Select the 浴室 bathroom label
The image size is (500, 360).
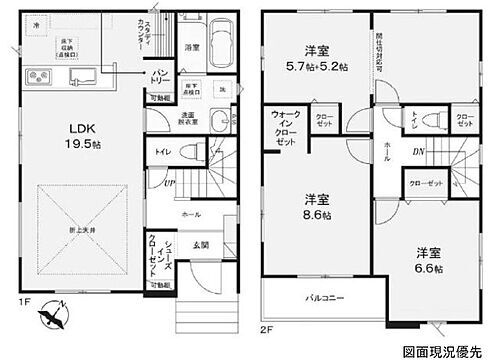pyautogui.click(x=193, y=46)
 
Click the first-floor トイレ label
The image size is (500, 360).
pyautogui.click(x=161, y=152)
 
